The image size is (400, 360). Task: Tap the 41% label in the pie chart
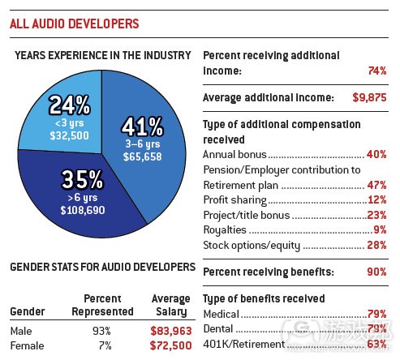142,127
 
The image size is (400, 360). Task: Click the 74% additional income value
375,71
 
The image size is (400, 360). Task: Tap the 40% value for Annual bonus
376,154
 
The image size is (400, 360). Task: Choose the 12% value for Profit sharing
376,200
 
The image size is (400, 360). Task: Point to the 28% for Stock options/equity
376,246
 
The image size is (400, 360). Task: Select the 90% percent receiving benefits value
375,272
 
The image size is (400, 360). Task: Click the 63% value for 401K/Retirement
376,343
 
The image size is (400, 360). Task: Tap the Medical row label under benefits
222,314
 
